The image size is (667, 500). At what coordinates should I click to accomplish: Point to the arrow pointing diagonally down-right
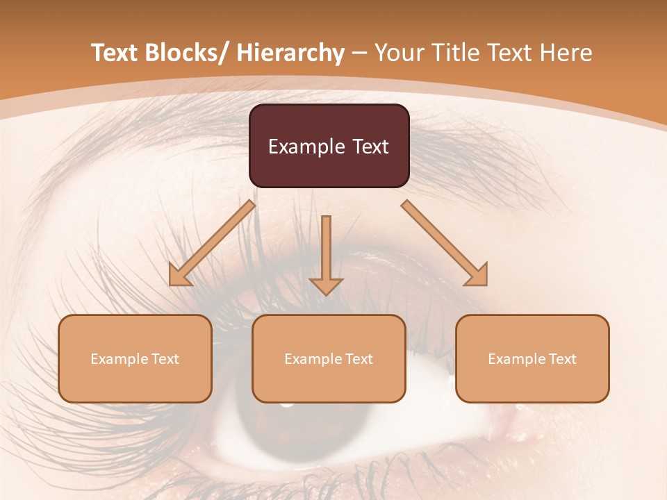445,243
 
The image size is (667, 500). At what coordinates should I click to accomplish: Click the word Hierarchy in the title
290,53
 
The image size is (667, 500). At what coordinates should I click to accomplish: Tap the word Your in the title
400,53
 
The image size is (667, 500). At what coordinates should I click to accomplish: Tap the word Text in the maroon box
370,147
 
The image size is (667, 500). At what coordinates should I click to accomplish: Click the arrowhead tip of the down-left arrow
171,284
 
